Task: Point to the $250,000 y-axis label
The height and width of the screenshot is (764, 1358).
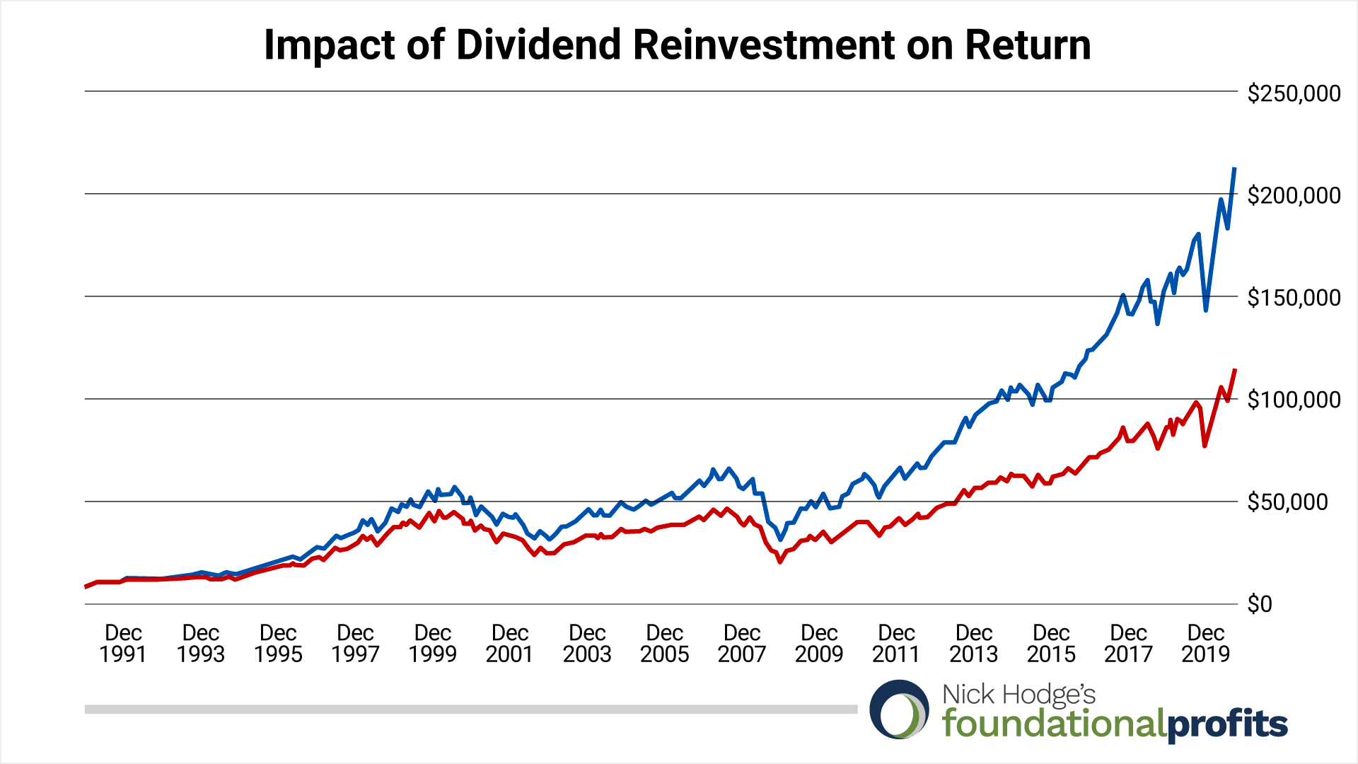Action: click(1294, 93)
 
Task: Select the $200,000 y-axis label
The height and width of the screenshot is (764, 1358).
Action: click(1294, 195)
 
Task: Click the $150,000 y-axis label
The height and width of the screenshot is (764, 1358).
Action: click(1294, 298)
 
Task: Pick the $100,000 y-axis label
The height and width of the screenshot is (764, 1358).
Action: click(1294, 400)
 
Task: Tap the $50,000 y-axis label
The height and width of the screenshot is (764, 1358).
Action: click(1298, 502)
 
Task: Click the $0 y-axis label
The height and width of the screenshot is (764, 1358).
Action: click(1260, 604)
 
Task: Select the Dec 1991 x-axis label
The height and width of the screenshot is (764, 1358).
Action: click(123, 643)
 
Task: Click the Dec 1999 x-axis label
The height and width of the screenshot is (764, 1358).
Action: click(432, 643)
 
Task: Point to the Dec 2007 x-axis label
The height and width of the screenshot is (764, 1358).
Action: click(741, 643)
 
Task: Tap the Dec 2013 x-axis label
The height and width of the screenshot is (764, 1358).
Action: click(973, 643)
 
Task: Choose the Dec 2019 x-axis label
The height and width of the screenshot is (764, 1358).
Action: click(1205, 643)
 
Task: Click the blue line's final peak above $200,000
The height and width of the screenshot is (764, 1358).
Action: click(1234, 169)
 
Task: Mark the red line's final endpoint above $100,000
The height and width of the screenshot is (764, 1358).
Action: click(1235, 370)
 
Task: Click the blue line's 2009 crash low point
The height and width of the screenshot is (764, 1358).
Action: click(780, 539)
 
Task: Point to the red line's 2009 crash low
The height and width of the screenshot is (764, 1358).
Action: click(780, 562)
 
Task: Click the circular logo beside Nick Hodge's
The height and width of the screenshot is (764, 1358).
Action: click(899, 710)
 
